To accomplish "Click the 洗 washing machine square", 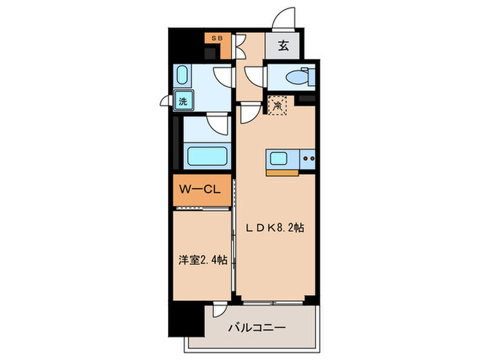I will pos(183,101).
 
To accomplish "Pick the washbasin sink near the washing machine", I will pos(184,75).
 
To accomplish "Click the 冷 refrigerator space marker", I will pos(278,106).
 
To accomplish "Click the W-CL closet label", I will pos(199,190).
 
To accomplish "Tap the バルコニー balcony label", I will pos(257,328).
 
